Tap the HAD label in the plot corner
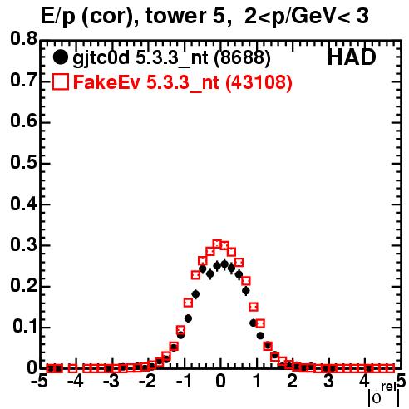pyautogui.click(x=352, y=57)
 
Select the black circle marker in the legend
pyautogui.click(x=60, y=57)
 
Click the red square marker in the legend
pyautogui.click(x=60, y=81)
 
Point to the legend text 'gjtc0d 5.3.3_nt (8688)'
pyautogui.click(x=171, y=58)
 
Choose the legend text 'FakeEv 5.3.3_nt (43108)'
pyautogui.click(x=183, y=82)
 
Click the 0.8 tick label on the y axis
pyautogui.click(x=23, y=39)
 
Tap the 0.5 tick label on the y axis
pyautogui.click(x=23, y=163)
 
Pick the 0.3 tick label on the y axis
pyautogui.click(x=23, y=245)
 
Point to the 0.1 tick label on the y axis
pyautogui.click(x=24, y=327)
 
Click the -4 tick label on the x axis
pyautogui.click(x=75, y=381)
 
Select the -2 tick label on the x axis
pyautogui.click(x=147, y=381)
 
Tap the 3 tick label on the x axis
pyautogui.click(x=328, y=381)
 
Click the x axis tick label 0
pyautogui.click(x=220, y=381)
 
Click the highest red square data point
pyautogui.click(x=217, y=244)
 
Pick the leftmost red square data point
pyautogui.click(x=51, y=368)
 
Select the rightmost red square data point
pyautogui.click(x=390, y=368)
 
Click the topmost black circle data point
pyautogui.click(x=224, y=264)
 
